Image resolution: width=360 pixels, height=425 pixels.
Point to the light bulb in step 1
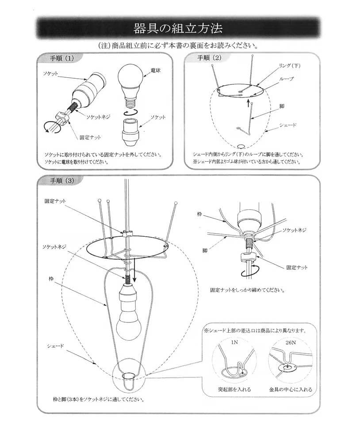click(129, 80)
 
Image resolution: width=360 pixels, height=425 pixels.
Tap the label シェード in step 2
click(288, 125)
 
